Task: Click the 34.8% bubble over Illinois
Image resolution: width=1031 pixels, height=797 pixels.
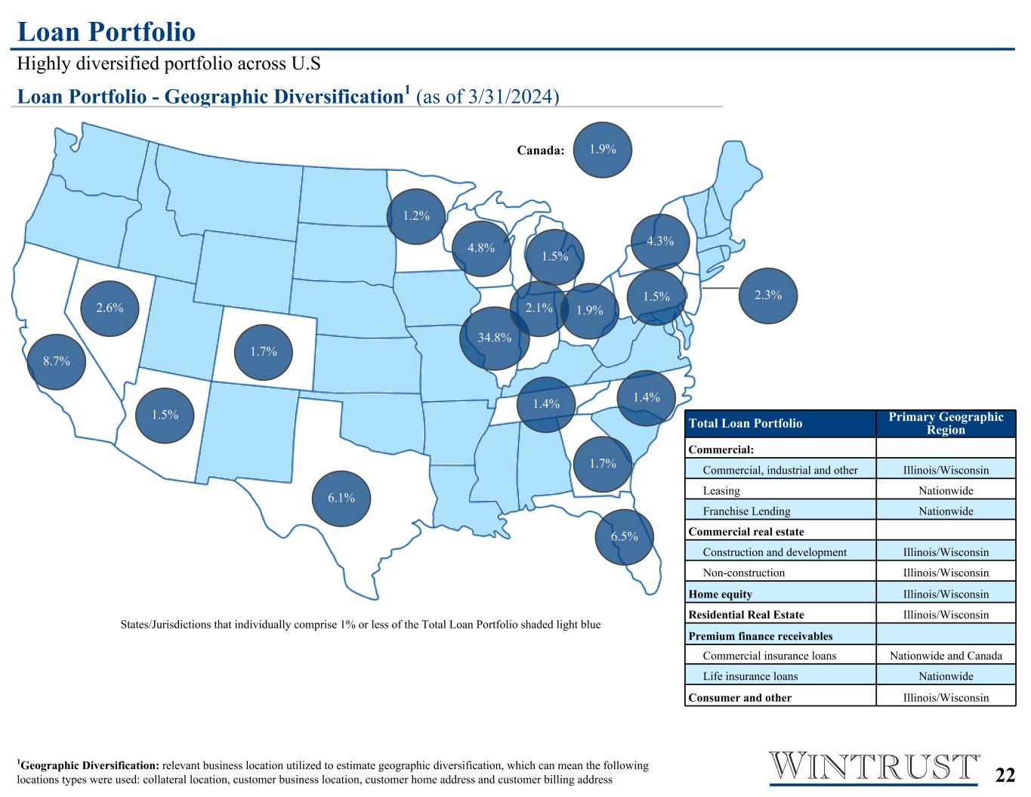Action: [495, 338]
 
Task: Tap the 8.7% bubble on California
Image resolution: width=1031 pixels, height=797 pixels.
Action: [57, 362]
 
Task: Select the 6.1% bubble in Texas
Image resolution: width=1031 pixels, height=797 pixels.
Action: [341, 499]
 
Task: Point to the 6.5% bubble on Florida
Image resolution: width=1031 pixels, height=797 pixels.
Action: [624, 537]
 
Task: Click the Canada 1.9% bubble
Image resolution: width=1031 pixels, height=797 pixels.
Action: [603, 150]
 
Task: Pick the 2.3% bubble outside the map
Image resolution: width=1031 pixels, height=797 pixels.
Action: [768, 295]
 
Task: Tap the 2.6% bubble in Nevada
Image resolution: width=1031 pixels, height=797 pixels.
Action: [110, 308]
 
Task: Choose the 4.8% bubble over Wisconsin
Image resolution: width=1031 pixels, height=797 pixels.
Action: [481, 249]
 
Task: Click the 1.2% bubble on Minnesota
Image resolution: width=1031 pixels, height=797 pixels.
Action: [416, 217]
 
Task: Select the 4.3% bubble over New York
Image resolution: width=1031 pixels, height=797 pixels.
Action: [660, 242]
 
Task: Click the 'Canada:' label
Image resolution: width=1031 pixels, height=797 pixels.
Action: [540, 150]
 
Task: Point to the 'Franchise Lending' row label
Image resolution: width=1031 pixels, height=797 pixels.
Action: [746, 511]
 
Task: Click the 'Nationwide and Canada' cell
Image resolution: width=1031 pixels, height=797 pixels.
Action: [946, 656]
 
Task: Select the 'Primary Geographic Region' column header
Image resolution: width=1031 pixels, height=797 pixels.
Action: [946, 423]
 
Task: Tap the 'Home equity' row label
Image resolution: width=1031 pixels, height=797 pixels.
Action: [721, 594]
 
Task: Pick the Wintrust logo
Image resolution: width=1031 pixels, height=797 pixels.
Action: [874, 767]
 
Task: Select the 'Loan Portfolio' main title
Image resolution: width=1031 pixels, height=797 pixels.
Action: [106, 32]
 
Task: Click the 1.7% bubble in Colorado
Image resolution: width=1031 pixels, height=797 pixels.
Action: [264, 352]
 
